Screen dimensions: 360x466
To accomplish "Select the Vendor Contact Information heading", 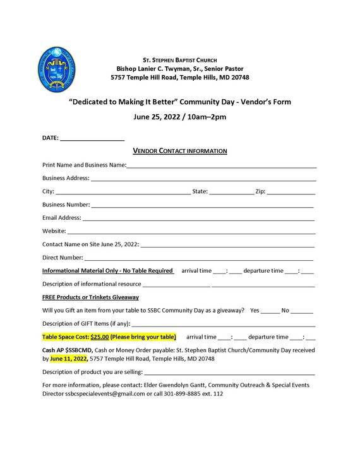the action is (x=180, y=151).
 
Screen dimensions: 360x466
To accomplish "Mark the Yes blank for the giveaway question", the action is (x=270, y=312).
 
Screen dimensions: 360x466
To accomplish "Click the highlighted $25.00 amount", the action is (x=100, y=337).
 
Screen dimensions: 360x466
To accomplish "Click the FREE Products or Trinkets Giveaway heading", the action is (x=90, y=297).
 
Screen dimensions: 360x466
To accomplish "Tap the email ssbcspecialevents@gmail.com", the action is (x=105, y=393).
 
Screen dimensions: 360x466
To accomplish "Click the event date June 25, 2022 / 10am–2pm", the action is (x=180, y=117).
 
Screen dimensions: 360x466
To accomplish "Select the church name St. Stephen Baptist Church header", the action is (x=179, y=59).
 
